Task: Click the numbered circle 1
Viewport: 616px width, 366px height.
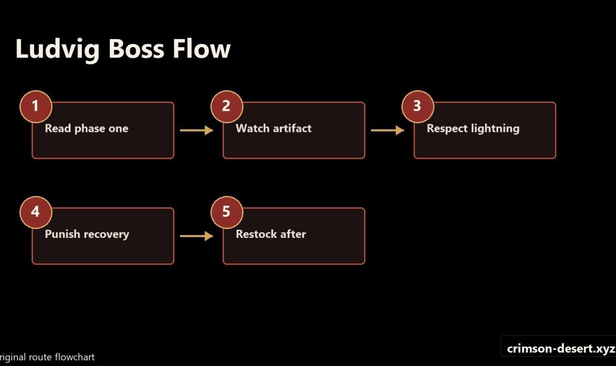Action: (36, 107)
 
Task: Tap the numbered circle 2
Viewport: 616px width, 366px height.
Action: (227, 107)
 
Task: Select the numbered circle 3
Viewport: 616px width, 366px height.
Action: (418, 107)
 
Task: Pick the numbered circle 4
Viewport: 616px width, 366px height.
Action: (36, 212)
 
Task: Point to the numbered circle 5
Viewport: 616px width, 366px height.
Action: (227, 212)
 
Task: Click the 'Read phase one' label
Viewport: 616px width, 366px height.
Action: (87, 129)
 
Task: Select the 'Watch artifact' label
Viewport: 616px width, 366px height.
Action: (274, 128)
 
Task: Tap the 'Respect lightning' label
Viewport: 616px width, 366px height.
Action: (473, 129)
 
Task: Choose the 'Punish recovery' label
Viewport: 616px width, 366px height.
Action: (87, 235)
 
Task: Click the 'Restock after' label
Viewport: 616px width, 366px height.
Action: (271, 234)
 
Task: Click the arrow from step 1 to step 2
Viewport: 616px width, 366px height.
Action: (196, 130)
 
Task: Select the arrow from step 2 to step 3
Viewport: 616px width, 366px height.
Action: (387, 130)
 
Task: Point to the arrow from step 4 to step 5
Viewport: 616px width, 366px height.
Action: (196, 236)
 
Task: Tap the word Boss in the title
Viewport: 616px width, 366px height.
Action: (136, 49)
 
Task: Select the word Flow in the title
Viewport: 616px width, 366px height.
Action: (202, 49)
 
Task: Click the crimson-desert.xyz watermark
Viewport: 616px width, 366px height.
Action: (561, 348)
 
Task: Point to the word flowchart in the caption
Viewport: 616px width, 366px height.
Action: (75, 357)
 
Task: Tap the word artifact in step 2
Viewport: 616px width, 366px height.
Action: (292, 128)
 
